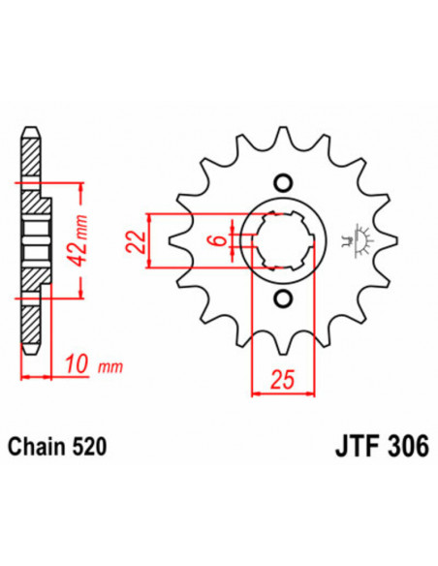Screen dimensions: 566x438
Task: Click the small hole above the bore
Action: (283, 181)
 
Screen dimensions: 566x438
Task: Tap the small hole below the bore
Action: (283, 298)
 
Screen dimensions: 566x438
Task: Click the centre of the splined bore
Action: (283, 239)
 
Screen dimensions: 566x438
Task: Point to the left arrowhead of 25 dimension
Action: (256, 393)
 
